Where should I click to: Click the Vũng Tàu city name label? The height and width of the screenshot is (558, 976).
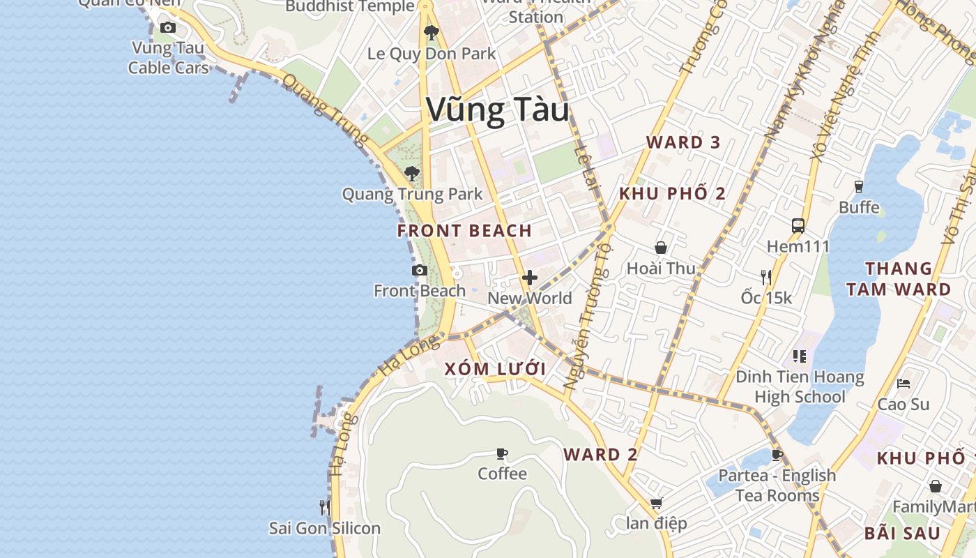(x=497, y=110)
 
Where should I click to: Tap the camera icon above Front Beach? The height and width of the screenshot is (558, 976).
(x=419, y=271)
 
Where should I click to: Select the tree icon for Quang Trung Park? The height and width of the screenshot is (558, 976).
(x=412, y=173)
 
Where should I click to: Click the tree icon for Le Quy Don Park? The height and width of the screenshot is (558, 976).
(x=432, y=32)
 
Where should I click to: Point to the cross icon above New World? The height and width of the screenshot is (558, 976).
(x=530, y=278)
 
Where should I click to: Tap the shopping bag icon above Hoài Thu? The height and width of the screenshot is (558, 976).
(x=661, y=248)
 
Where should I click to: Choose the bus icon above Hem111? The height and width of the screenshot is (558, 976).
(x=798, y=226)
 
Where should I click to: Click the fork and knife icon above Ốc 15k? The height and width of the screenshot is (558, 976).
(x=766, y=277)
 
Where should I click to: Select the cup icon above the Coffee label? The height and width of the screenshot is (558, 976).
(x=502, y=454)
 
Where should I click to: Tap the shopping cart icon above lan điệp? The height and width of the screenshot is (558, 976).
(x=656, y=503)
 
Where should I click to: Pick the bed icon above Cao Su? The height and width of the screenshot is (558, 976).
(x=903, y=384)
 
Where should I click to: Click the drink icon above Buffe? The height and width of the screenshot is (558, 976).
(x=859, y=186)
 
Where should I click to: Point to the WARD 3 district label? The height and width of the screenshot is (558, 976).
(x=683, y=142)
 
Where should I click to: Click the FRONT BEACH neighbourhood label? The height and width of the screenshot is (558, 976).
(x=464, y=231)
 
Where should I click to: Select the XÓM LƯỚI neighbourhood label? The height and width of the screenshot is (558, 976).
(x=495, y=369)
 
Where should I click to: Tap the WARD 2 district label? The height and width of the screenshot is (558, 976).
(x=600, y=455)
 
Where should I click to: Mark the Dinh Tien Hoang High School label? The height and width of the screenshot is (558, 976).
(x=800, y=387)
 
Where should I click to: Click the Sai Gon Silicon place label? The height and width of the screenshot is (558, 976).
(x=325, y=528)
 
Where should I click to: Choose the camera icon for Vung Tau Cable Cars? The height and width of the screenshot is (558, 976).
(x=168, y=28)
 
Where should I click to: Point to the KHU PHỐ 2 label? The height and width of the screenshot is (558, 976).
(x=672, y=194)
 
